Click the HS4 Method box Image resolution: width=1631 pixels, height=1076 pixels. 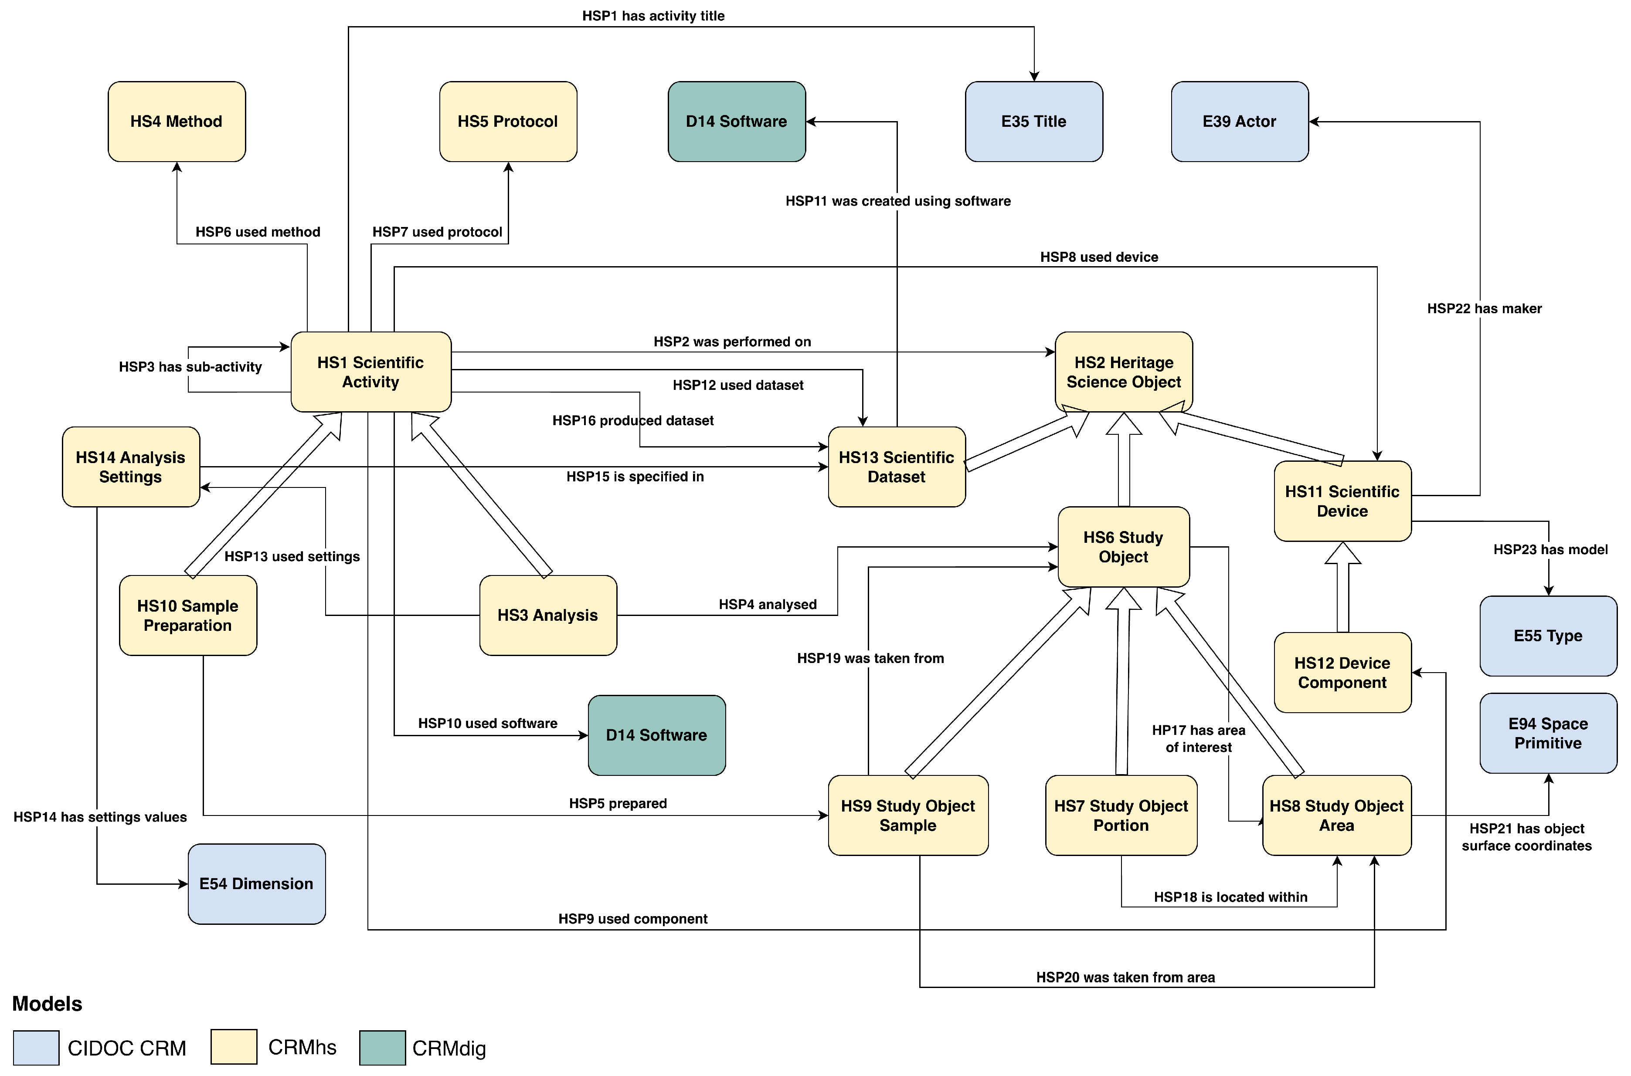point(177,122)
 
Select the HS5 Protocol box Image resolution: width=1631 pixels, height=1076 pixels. point(508,122)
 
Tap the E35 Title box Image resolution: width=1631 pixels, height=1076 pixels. point(1034,122)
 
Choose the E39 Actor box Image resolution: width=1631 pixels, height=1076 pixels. point(1240,122)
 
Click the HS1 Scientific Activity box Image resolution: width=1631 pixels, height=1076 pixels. point(370,372)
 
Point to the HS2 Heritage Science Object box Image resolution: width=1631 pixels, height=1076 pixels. point(1124,372)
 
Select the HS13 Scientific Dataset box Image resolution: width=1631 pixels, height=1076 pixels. point(897,467)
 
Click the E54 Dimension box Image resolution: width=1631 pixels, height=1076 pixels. point(257,884)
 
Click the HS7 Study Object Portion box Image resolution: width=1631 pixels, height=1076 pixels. point(1121,815)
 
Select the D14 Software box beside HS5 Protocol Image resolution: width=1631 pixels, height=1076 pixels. point(737,122)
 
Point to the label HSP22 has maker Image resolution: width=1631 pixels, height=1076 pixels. point(1484,309)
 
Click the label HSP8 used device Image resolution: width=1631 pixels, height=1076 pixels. point(1099,257)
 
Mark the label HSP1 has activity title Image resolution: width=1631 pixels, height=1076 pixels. point(653,16)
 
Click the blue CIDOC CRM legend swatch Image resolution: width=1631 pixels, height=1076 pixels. point(36,1048)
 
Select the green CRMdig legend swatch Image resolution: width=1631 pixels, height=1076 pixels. point(382,1048)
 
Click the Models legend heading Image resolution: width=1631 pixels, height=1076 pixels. point(48,1004)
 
